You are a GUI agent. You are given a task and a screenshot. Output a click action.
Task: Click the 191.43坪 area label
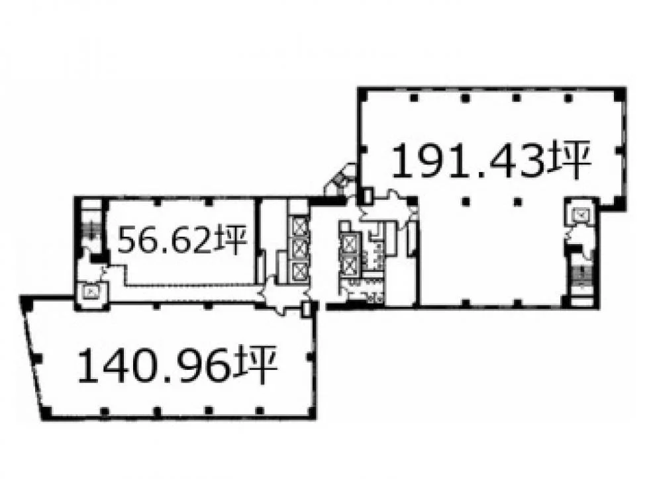(x=491, y=161)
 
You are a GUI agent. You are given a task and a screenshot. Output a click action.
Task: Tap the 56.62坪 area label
(x=182, y=240)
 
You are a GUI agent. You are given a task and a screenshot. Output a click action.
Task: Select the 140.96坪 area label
(x=177, y=365)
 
